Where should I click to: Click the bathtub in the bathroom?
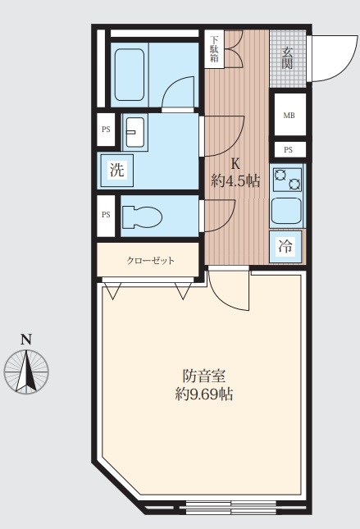[x=130, y=75]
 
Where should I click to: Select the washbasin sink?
[x=135, y=132]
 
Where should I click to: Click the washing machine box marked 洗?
[x=116, y=170]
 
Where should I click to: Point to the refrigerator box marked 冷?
[x=285, y=246]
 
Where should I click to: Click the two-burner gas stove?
[x=288, y=179]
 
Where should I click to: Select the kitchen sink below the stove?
[x=287, y=211]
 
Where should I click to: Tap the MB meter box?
[x=289, y=115]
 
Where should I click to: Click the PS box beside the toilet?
[x=106, y=215]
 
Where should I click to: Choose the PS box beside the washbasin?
[x=106, y=130]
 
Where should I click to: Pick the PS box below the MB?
[x=289, y=150]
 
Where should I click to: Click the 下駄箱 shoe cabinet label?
[x=215, y=49]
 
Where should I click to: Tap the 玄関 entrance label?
[x=287, y=58]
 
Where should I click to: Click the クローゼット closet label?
[x=150, y=261]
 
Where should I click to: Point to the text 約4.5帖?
[x=235, y=181]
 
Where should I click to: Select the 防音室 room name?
[x=204, y=376]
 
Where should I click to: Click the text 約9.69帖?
[x=204, y=394]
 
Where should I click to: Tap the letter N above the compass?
[x=26, y=340]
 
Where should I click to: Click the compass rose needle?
[x=27, y=371]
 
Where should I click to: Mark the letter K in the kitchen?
[x=235, y=164]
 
